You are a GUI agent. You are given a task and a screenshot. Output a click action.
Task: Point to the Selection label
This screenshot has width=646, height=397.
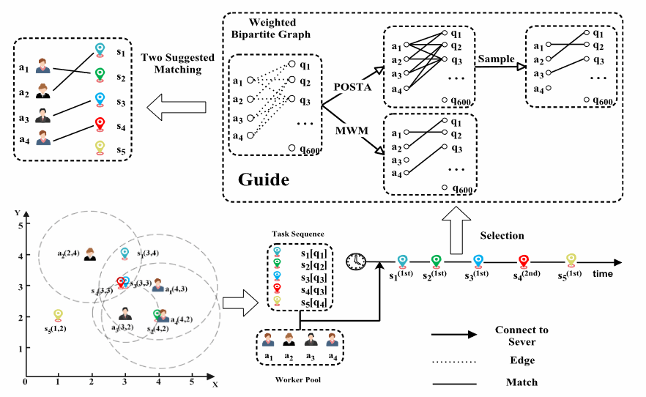point(502,235)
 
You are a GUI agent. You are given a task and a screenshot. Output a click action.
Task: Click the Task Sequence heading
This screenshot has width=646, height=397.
point(294,234)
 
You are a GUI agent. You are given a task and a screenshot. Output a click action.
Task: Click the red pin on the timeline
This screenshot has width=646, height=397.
point(524,261)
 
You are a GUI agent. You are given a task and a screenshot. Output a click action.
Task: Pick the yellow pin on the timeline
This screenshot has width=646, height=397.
point(571,261)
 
